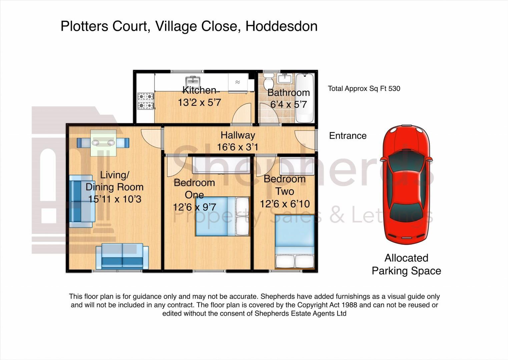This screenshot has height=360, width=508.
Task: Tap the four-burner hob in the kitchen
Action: pyautogui.click(x=146, y=101)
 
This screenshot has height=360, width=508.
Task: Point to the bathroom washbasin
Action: pyautogui.click(x=285, y=79)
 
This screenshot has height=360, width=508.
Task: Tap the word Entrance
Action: pyautogui.click(x=348, y=136)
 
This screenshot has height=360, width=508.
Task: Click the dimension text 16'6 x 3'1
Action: pyautogui.click(x=237, y=147)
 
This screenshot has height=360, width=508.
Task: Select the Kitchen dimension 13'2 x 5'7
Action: pyautogui.click(x=199, y=102)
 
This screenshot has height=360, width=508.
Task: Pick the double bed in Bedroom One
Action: pyautogui.click(x=222, y=216)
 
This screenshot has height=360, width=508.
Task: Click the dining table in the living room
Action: pyautogui.click(x=103, y=143)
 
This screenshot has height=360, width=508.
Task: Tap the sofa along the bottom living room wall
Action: pyautogui.click(x=122, y=256)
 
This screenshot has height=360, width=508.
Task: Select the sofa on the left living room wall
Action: pyautogui.click(x=81, y=201)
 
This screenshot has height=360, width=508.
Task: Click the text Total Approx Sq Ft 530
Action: pyautogui.click(x=364, y=89)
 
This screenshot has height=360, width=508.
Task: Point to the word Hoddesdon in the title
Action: pyautogui.click(x=282, y=26)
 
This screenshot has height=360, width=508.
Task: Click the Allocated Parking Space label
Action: pyautogui.click(x=406, y=264)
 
